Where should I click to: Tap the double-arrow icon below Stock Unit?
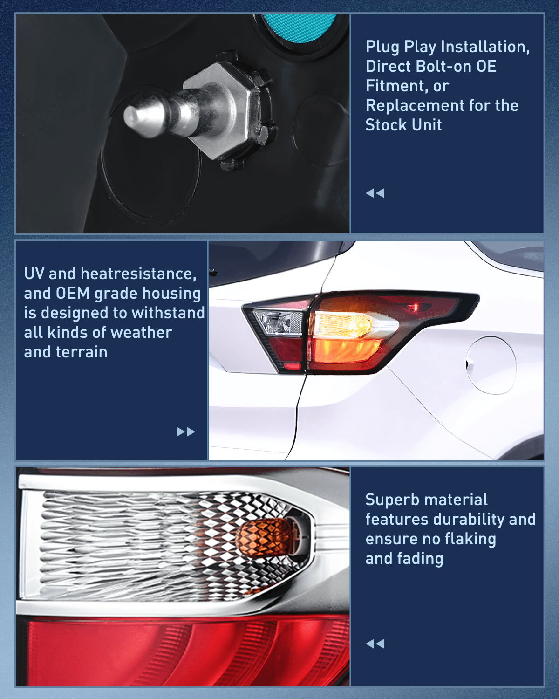(x=375, y=193)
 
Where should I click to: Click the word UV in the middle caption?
(x=34, y=274)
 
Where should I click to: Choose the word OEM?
(x=73, y=294)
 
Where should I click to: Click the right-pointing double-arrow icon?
(x=186, y=432)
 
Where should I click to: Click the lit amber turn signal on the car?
(x=342, y=325)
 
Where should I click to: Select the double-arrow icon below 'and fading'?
(x=375, y=644)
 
